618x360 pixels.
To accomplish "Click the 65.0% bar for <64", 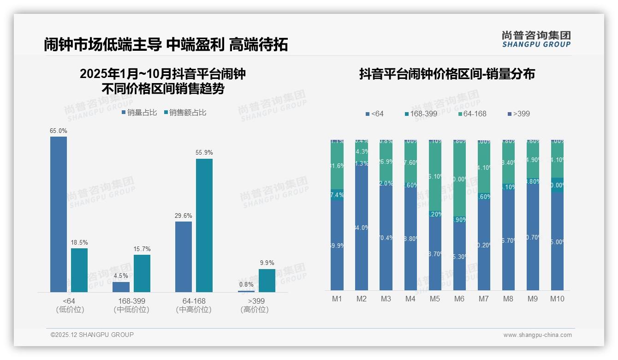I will coord(59,214).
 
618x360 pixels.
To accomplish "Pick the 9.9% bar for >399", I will coord(267,281).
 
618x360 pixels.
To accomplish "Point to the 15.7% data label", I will coord(142,249).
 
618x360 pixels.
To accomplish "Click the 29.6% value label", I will coord(184,216).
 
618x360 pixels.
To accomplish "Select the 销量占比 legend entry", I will coord(139,113).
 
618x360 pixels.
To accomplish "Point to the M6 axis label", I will coord(459,299).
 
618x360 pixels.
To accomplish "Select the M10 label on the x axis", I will coord(557,299).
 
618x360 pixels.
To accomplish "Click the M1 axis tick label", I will coord(337,299).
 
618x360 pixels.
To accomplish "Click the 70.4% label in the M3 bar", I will coord(386,238).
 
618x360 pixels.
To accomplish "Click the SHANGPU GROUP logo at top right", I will coord(536,39).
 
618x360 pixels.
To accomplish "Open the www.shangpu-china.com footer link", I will coord(537,335).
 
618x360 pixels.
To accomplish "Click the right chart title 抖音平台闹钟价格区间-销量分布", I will coord(447,74).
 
